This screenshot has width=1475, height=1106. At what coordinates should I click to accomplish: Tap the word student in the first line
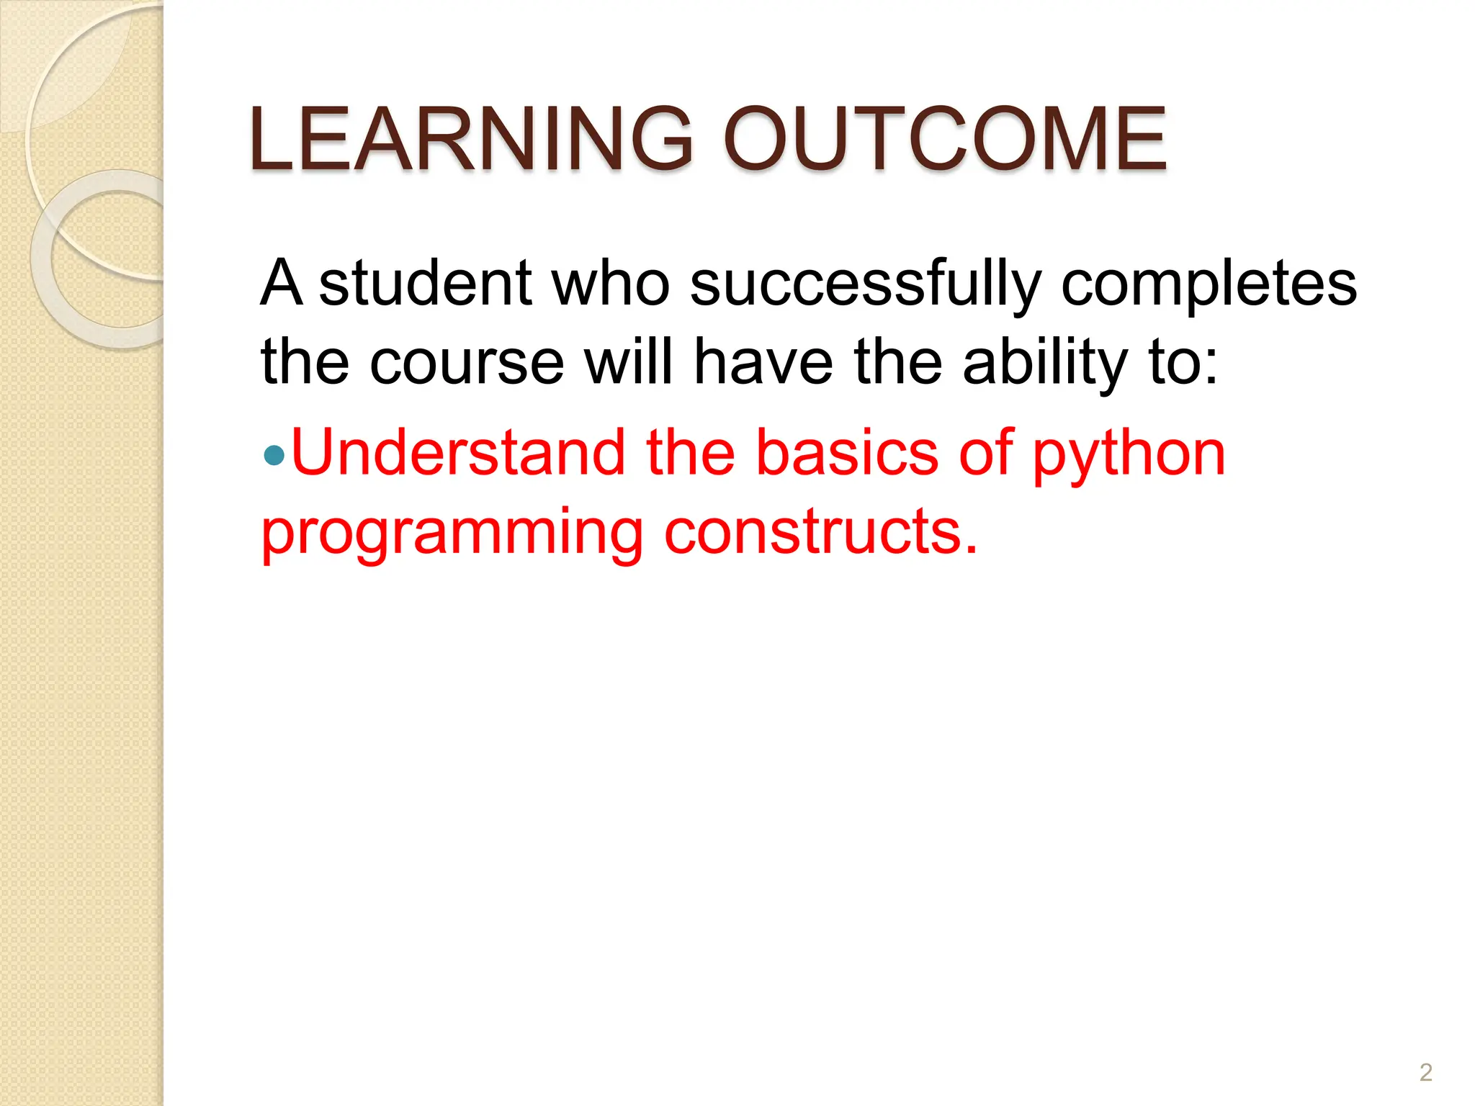click(x=425, y=283)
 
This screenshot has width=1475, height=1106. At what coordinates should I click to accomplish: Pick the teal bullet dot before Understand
click(x=274, y=455)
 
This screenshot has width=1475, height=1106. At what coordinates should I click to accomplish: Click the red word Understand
click(x=458, y=452)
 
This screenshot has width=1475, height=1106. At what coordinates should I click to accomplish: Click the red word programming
click(x=452, y=533)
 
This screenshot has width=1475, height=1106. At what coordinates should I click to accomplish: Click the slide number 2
click(x=1425, y=1072)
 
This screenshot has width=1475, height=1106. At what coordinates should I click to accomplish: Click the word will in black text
click(x=628, y=362)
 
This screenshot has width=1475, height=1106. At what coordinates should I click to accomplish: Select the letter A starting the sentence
click(x=281, y=283)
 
